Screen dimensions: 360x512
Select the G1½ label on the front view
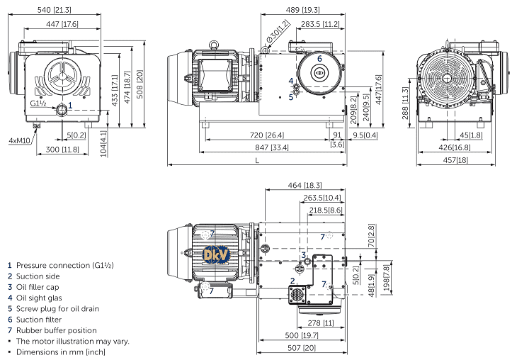[x=39, y=103]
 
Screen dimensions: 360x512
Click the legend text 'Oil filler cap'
[x=40, y=286]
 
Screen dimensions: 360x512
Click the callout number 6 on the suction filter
[x=319, y=58]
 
